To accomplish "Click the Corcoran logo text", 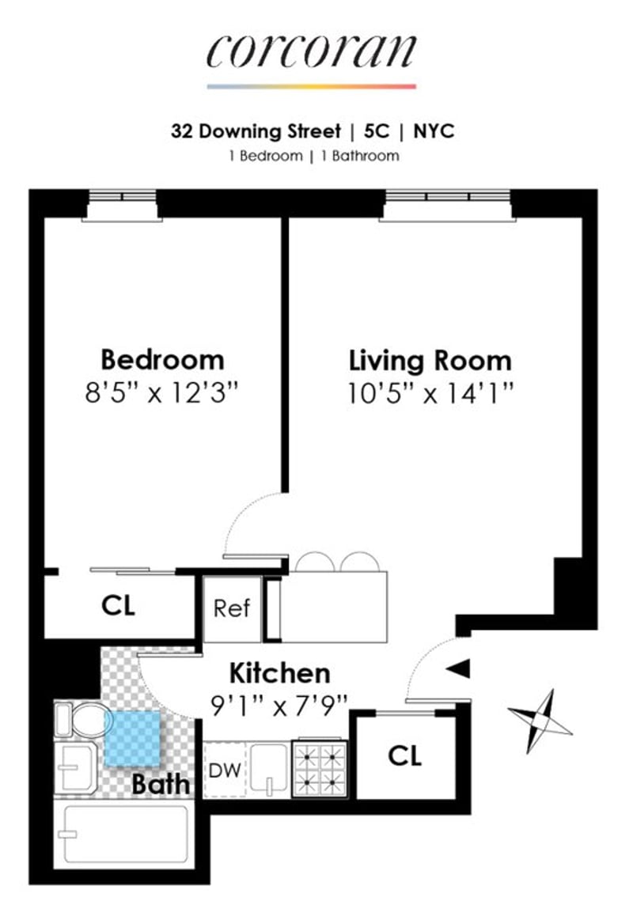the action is click(x=312, y=51).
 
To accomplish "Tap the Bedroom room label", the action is click(x=162, y=360).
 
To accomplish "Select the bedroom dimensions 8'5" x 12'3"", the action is click(x=162, y=392).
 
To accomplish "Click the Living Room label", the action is click(x=430, y=360).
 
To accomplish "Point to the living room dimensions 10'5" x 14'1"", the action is click(x=430, y=393).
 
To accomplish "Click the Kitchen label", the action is click(x=279, y=673).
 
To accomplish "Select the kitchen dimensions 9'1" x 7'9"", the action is click(x=279, y=706).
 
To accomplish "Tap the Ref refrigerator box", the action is click(x=232, y=608).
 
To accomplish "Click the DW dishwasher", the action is click(x=225, y=770).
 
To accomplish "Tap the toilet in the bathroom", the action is click(x=80, y=719).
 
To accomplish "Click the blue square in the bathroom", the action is click(x=133, y=740).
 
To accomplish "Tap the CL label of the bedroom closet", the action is click(x=118, y=605).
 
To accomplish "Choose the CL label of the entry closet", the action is click(x=405, y=755).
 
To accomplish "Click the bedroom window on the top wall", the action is click(x=122, y=204).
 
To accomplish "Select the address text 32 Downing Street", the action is click(x=256, y=131).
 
